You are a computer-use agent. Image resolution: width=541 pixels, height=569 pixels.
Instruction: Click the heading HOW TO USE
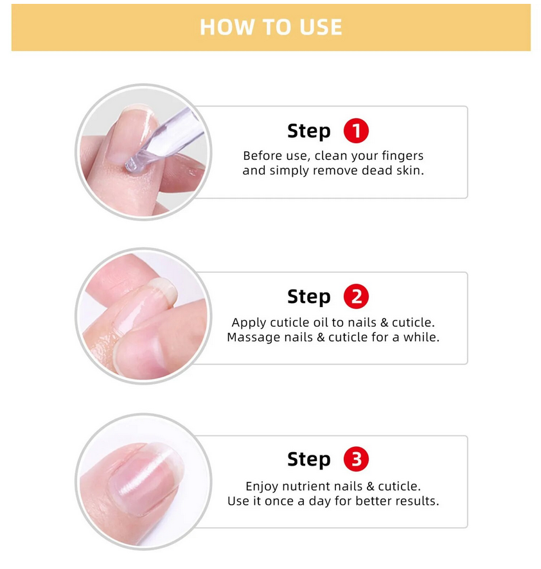click(271, 27)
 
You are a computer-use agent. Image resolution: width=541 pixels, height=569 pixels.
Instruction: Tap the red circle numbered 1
click(356, 130)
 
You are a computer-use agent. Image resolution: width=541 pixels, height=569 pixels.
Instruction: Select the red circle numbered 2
click(356, 296)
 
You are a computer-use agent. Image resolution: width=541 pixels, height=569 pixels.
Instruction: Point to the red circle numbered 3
click(356, 459)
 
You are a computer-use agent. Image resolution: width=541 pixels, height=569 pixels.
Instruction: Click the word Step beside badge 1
click(309, 132)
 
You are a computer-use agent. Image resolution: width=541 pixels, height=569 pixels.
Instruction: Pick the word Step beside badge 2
click(309, 297)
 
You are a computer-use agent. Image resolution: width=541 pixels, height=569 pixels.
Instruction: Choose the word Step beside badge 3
click(309, 459)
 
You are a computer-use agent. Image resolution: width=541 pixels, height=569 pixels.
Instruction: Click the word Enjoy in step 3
click(262, 487)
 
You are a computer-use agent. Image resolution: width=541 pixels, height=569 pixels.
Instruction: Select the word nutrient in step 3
click(306, 486)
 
